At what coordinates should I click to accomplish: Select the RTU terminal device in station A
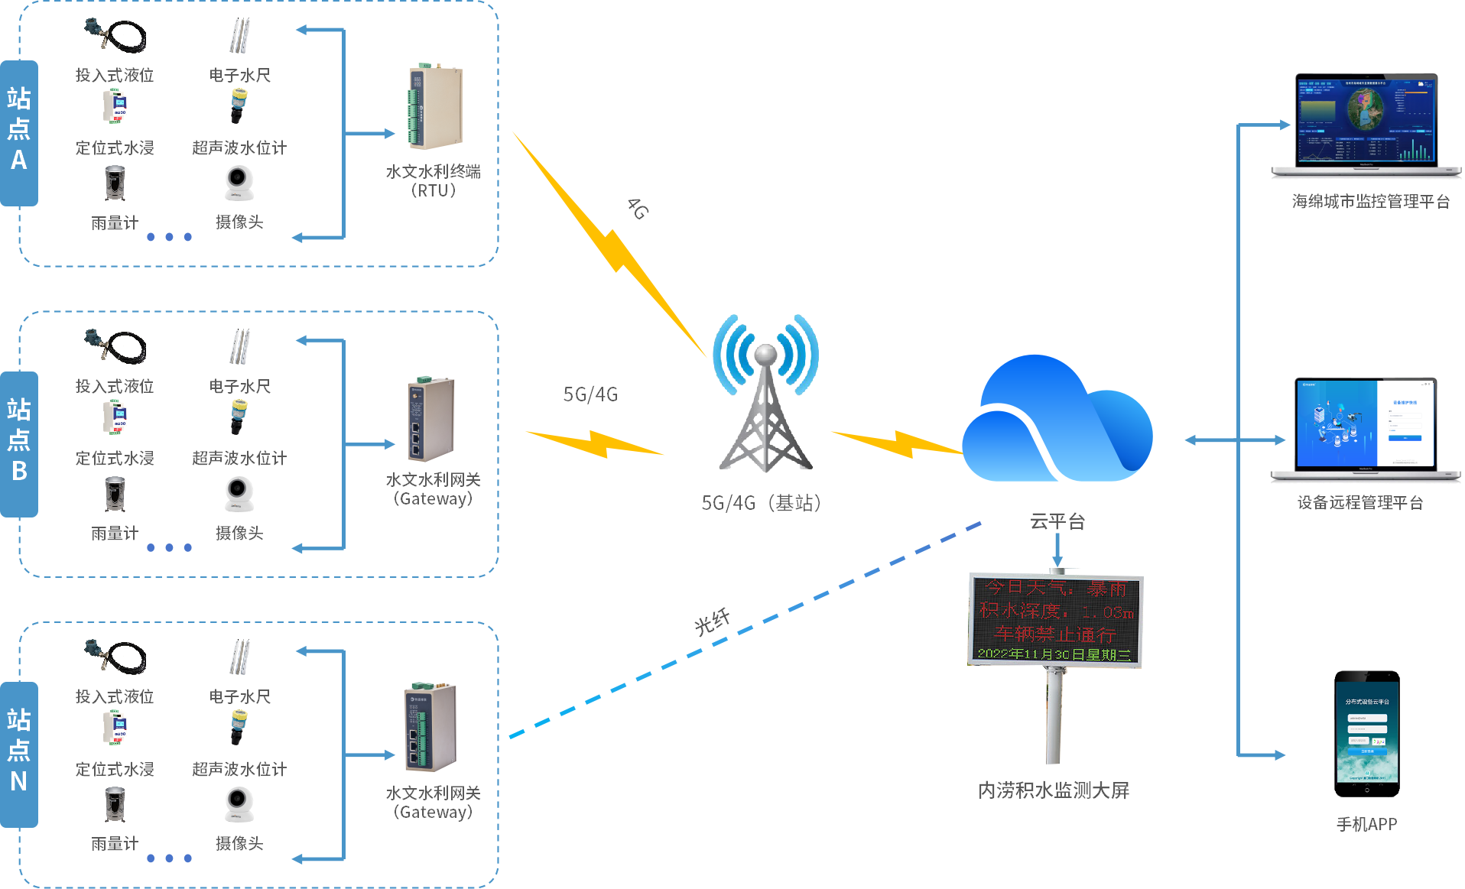point(434,108)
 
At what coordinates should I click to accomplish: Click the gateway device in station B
point(430,419)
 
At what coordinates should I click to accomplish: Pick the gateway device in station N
point(430,727)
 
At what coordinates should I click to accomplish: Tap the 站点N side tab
point(19,754)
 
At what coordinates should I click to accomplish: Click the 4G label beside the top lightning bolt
point(638,208)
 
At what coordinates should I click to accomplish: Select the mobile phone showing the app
point(1366,734)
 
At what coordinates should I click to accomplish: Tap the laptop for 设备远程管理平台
point(1366,428)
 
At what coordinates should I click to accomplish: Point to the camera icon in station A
point(239,184)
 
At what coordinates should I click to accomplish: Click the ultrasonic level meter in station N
point(239,726)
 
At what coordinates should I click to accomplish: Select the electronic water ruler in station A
point(239,36)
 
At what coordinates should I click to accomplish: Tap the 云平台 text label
point(1057,521)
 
